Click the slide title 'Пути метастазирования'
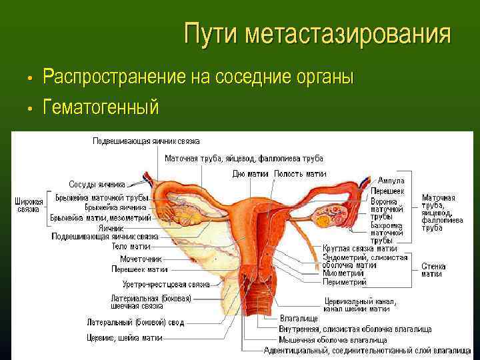(x=317, y=33)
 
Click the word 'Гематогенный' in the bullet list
(x=101, y=105)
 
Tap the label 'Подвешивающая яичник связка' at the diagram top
(x=146, y=141)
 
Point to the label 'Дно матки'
(x=251, y=173)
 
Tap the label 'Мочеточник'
(x=137, y=259)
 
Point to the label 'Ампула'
(x=391, y=181)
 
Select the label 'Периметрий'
(x=345, y=282)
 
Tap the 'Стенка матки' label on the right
(x=433, y=270)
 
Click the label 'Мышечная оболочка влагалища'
(x=331, y=339)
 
